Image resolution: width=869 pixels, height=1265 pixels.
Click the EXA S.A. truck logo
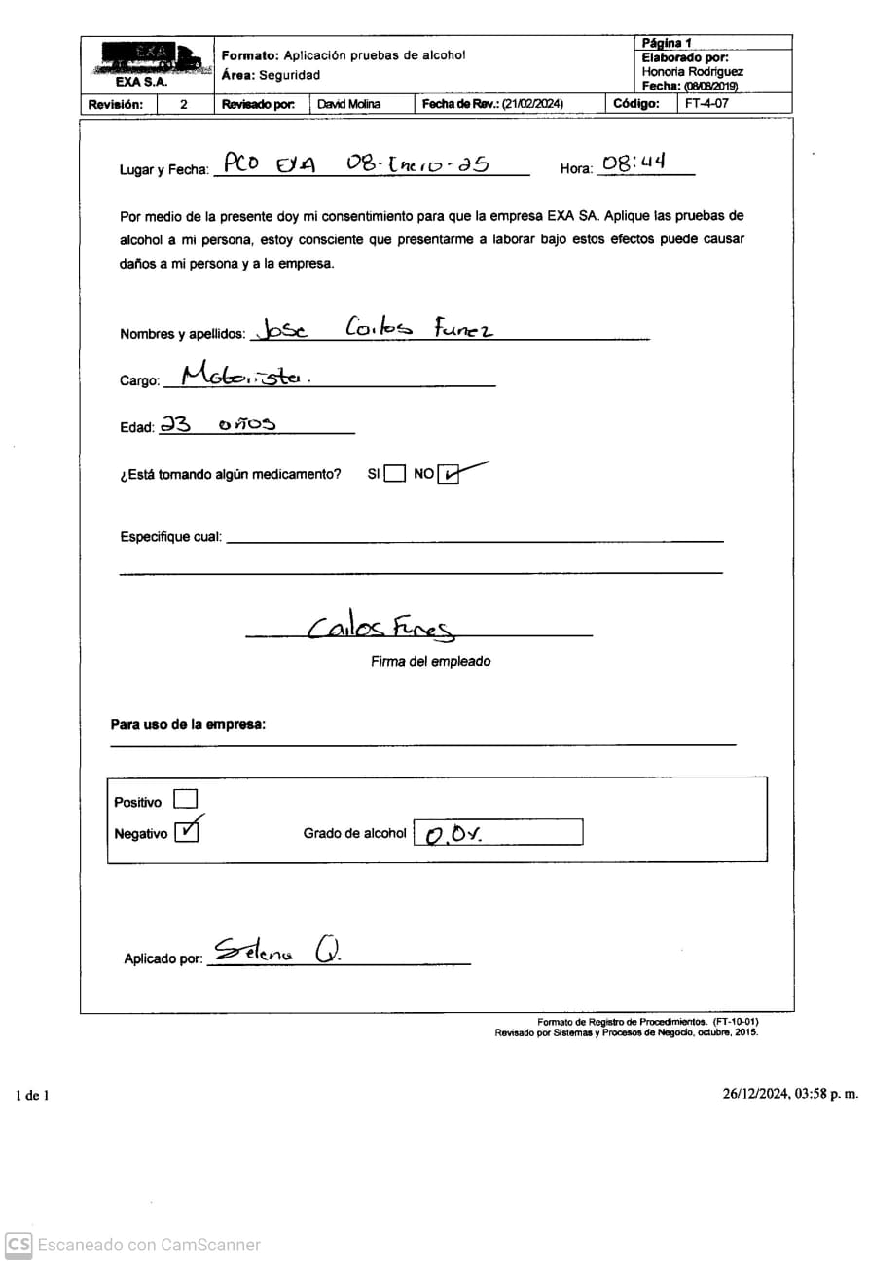[x=147, y=60]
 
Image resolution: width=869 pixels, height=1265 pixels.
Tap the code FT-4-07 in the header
[x=706, y=104]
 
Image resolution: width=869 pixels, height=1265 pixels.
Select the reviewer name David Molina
[x=349, y=104]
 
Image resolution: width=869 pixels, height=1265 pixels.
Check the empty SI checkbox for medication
[x=394, y=474]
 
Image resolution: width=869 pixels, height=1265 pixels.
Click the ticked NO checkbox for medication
[x=449, y=474]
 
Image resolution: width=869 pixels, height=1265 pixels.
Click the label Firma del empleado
[x=430, y=662]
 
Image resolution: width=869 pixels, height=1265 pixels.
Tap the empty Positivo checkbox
[x=185, y=800]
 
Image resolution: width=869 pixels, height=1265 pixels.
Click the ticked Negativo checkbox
[x=186, y=832]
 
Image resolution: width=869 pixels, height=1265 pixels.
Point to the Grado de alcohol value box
[x=497, y=833]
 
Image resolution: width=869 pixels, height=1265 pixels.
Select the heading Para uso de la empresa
[x=188, y=725]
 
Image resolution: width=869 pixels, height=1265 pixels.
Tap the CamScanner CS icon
[x=18, y=1245]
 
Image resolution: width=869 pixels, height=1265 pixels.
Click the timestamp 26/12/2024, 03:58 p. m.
[x=790, y=1094]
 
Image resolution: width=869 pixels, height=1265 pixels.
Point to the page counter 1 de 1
[x=32, y=1096]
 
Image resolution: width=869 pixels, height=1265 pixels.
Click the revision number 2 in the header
[x=184, y=104]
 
